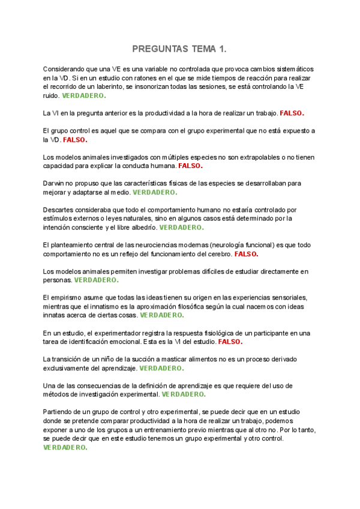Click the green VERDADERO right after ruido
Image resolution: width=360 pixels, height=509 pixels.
(83, 95)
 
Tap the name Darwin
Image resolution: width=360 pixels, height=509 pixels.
(55, 183)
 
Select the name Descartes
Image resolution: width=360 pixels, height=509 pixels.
(60, 209)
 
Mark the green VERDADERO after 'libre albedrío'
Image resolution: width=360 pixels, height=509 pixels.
(181, 227)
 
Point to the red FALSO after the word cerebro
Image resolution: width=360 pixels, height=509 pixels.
(246, 254)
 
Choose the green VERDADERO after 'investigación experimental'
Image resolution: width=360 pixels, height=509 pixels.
(184, 394)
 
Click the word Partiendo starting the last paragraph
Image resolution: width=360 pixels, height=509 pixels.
(60, 412)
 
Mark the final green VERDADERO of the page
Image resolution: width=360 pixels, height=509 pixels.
(65, 447)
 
